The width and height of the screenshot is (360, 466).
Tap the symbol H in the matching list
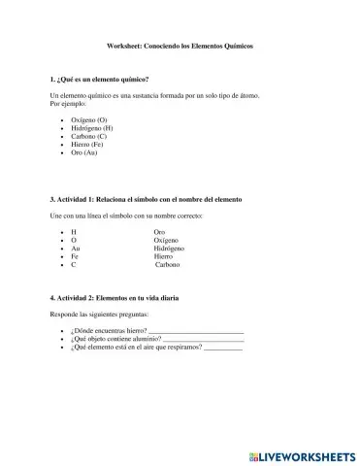75,232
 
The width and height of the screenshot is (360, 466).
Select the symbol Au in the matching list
77,249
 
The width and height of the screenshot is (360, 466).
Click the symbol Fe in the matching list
76,256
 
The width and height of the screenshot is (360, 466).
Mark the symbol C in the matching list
75,265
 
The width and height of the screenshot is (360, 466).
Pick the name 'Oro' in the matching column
160,232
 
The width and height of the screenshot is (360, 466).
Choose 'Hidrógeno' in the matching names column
170,249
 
